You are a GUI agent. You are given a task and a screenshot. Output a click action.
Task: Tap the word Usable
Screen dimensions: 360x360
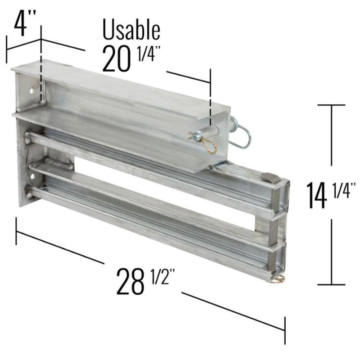[131, 30]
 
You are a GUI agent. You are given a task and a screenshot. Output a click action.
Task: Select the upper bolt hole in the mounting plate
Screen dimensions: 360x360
[32, 91]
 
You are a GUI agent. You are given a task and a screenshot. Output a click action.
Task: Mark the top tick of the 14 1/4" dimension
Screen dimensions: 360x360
[332, 105]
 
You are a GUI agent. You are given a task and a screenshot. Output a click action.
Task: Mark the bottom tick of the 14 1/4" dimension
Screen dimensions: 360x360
[332, 284]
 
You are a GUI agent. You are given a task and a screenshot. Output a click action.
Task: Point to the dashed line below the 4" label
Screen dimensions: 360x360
[41, 67]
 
